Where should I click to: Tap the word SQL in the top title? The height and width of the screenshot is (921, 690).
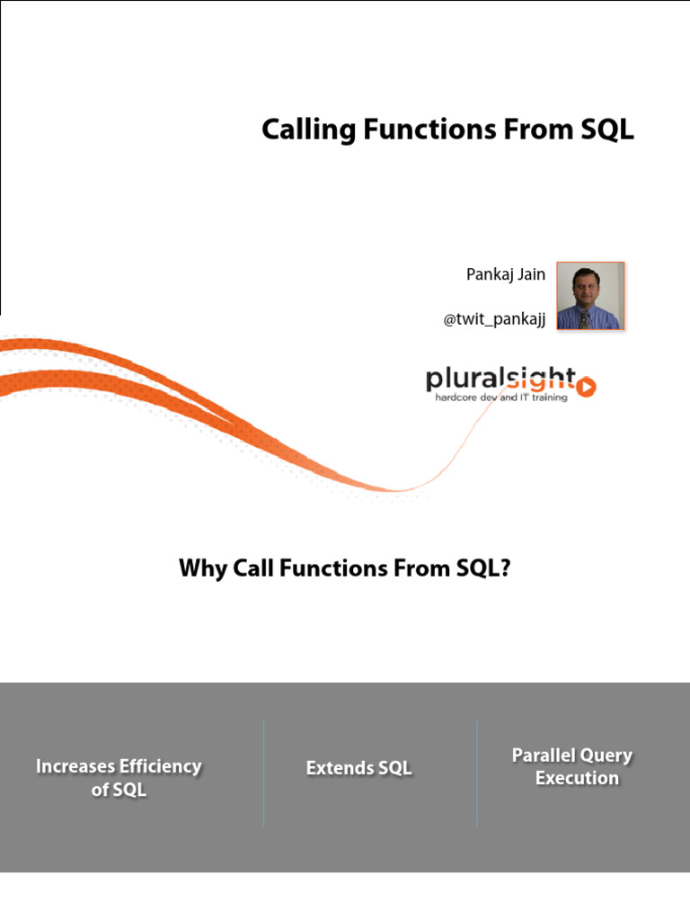(604, 130)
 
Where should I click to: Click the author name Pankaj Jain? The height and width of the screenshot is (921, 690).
(505, 274)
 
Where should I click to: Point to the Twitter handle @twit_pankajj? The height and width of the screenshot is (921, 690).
(494, 319)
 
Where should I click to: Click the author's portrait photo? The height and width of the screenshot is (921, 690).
(589, 296)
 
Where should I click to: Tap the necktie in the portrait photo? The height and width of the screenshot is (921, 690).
(586, 317)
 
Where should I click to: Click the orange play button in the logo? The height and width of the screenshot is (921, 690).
(586, 387)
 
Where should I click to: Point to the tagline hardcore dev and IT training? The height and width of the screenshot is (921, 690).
(500, 398)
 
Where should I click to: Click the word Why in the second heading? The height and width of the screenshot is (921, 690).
(201, 568)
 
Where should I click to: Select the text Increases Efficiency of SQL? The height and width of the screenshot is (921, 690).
(119, 778)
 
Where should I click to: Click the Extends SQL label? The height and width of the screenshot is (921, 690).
(358, 768)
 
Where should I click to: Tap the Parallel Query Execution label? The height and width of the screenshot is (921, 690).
(572, 766)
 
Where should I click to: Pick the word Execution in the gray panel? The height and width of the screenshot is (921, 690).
(577, 778)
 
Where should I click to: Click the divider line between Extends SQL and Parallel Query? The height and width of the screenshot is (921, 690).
(476, 773)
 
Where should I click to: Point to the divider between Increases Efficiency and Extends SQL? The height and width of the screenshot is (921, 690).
(263, 773)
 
